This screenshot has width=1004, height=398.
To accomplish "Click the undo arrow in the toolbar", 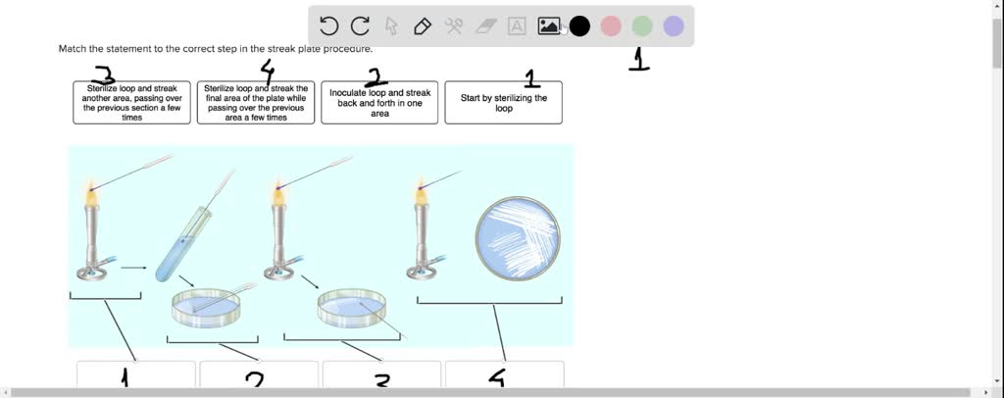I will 329,26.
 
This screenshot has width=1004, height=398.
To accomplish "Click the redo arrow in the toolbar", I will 360,26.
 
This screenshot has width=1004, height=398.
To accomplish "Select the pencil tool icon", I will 423,26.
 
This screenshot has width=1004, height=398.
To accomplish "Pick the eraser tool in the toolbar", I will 485,26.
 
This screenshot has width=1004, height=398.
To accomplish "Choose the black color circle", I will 579,26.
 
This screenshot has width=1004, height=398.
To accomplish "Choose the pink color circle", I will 611,26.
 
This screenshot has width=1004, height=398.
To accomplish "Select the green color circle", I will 642,26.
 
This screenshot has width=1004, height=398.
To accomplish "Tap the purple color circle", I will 674,26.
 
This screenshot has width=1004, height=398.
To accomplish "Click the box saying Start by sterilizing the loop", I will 503,103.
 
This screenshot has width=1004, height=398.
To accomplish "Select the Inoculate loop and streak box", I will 379,103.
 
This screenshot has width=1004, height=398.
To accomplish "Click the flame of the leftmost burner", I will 91,193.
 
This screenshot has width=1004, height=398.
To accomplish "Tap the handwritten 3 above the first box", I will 103,75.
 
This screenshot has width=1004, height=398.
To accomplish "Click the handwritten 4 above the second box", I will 267,71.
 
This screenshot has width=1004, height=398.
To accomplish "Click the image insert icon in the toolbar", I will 548,26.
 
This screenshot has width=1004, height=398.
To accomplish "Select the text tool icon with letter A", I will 517,26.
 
